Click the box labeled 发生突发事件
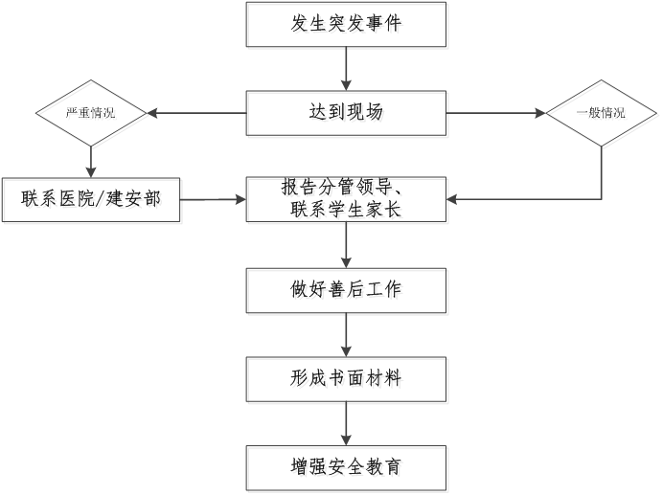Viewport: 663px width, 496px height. [x=348, y=26]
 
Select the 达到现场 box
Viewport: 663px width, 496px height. [x=348, y=114]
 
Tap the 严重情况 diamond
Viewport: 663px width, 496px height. [x=92, y=115]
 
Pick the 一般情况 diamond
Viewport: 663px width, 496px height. [x=603, y=115]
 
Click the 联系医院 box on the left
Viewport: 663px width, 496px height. [x=92, y=201]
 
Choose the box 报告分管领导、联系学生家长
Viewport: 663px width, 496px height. [x=348, y=201]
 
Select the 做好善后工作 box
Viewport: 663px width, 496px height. [x=348, y=291]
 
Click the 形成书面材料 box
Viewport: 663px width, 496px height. [x=348, y=380]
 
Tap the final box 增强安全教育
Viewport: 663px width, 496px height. [x=348, y=469]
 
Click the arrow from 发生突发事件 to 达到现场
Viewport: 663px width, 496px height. [x=348, y=70]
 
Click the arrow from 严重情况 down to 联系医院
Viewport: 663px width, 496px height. [x=92, y=163]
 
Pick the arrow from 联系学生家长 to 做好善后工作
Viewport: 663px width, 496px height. [x=348, y=247]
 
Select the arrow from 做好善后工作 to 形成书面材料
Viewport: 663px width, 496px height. [x=348, y=336]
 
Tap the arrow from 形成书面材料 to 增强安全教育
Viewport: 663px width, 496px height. [x=348, y=425]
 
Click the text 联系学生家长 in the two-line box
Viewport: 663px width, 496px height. [x=348, y=212]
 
